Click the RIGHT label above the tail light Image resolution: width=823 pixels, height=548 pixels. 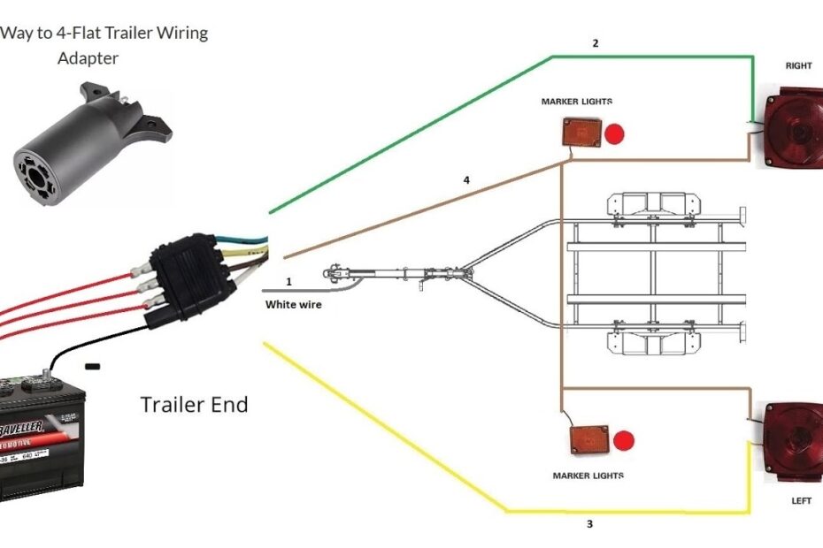click(798, 65)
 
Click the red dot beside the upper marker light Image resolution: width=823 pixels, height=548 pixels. click(614, 134)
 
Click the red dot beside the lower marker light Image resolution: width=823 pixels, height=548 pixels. click(624, 440)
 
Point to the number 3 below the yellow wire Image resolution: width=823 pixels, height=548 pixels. click(589, 524)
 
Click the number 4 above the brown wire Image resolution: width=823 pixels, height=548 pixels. click(466, 180)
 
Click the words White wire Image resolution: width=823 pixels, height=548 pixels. click(294, 304)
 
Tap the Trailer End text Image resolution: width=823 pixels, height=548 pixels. click(194, 405)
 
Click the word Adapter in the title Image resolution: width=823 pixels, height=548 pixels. click(88, 58)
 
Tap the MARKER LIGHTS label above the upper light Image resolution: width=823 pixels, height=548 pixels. click(576, 102)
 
